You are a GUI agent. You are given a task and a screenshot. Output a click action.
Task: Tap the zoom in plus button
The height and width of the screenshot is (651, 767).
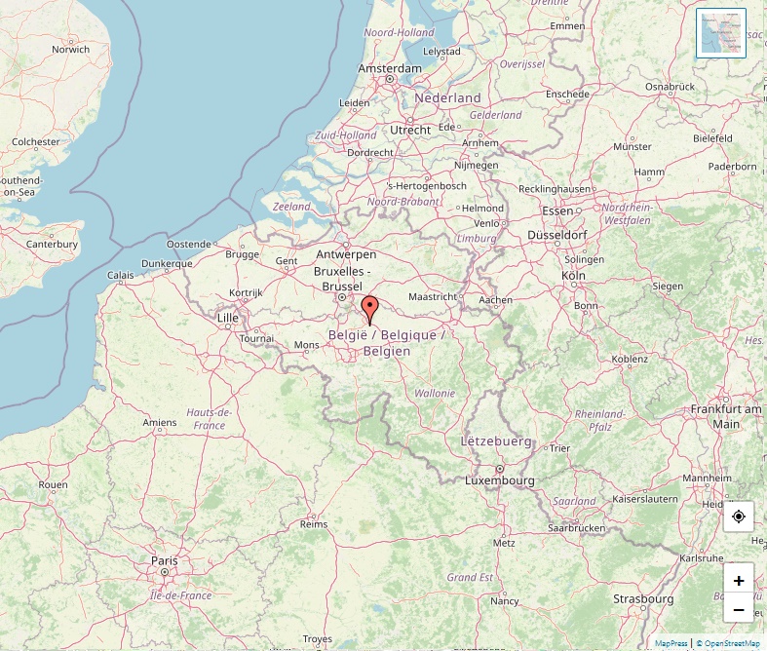[738, 581]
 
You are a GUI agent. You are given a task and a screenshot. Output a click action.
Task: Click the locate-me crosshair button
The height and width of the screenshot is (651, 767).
[738, 517]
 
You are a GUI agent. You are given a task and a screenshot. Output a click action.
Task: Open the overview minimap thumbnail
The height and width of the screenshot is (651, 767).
[721, 33]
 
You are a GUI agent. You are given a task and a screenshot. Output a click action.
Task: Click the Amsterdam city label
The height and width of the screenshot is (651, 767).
[390, 68]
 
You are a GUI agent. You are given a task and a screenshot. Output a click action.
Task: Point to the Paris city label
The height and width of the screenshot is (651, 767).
[165, 560]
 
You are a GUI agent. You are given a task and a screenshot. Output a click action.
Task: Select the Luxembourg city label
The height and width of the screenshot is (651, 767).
[500, 480]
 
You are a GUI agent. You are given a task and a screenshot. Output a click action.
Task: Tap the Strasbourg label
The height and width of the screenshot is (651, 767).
[643, 598]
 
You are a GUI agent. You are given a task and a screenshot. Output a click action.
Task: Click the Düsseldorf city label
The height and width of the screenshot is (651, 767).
[556, 235]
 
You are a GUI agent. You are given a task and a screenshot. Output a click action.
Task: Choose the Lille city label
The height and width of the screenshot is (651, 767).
[228, 318]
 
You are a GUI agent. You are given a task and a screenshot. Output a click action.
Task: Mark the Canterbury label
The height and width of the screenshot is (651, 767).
[52, 244]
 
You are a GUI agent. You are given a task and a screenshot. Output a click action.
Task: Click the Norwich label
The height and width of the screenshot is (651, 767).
[71, 49]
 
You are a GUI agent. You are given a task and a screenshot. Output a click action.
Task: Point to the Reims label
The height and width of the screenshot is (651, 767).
[314, 523]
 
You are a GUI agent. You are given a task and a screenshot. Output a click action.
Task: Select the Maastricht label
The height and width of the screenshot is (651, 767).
[433, 296]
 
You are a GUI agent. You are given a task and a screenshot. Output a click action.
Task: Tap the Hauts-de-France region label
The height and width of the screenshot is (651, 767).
[206, 418]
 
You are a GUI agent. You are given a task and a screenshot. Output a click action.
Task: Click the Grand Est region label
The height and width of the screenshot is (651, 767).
[469, 577]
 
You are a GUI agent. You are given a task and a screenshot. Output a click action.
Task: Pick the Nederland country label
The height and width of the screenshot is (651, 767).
[448, 98]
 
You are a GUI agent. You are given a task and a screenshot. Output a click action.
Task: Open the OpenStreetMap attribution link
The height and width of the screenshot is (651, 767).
[732, 643]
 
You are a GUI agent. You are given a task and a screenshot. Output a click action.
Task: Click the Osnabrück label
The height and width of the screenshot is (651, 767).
[670, 87]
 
